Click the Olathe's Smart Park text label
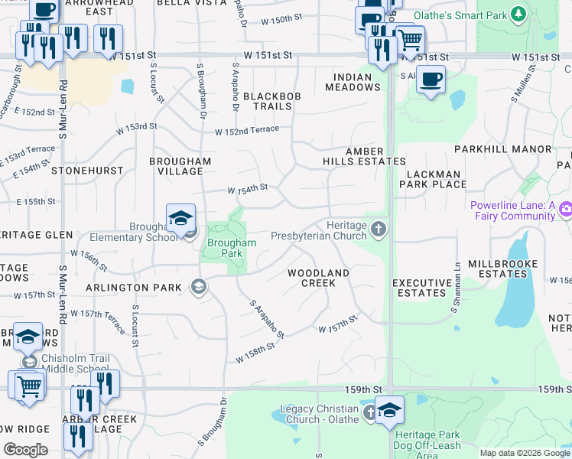(461, 15)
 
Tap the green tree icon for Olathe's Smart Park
(518, 15)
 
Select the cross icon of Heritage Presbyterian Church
(378, 229)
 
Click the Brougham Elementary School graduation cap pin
(180, 218)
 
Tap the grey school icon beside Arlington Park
(198, 287)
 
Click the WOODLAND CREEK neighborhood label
(318, 278)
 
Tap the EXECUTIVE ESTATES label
(421, 288)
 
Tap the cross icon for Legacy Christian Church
(370, 414)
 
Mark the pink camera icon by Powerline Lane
(566, 208)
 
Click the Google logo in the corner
(25, 450)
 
